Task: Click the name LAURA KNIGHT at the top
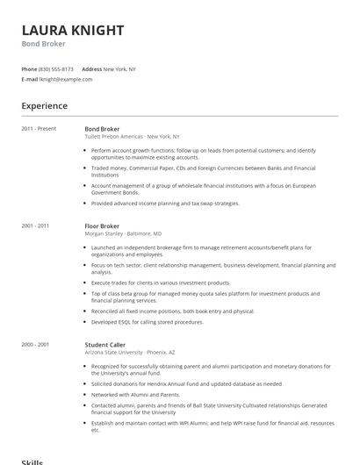[73, 31]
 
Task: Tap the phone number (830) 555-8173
[56, 68]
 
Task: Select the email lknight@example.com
[66, 79]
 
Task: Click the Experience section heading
[45, 106]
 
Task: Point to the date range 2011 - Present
[39, 129]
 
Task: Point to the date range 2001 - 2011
[36, 225]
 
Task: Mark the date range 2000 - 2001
[36, 345]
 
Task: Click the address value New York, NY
[119, 68]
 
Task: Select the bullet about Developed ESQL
[147, 321]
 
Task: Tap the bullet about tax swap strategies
[165, 203]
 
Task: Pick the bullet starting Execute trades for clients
[161, 283]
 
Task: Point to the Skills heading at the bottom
[32, 461]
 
